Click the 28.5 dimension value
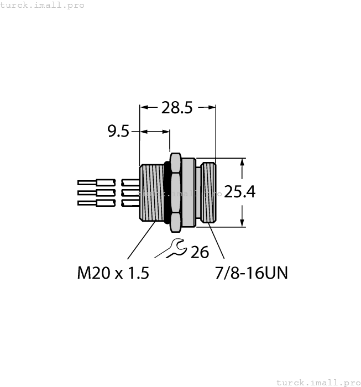pos(176,108)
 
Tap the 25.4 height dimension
pos(239,192)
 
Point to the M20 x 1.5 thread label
pos(113,273)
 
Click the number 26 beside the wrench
pos(200,253)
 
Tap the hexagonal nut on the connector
pos(176,192)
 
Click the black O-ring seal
pos(165,192)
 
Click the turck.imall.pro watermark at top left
pos(43,5)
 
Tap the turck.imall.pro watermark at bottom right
pos(317,382)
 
